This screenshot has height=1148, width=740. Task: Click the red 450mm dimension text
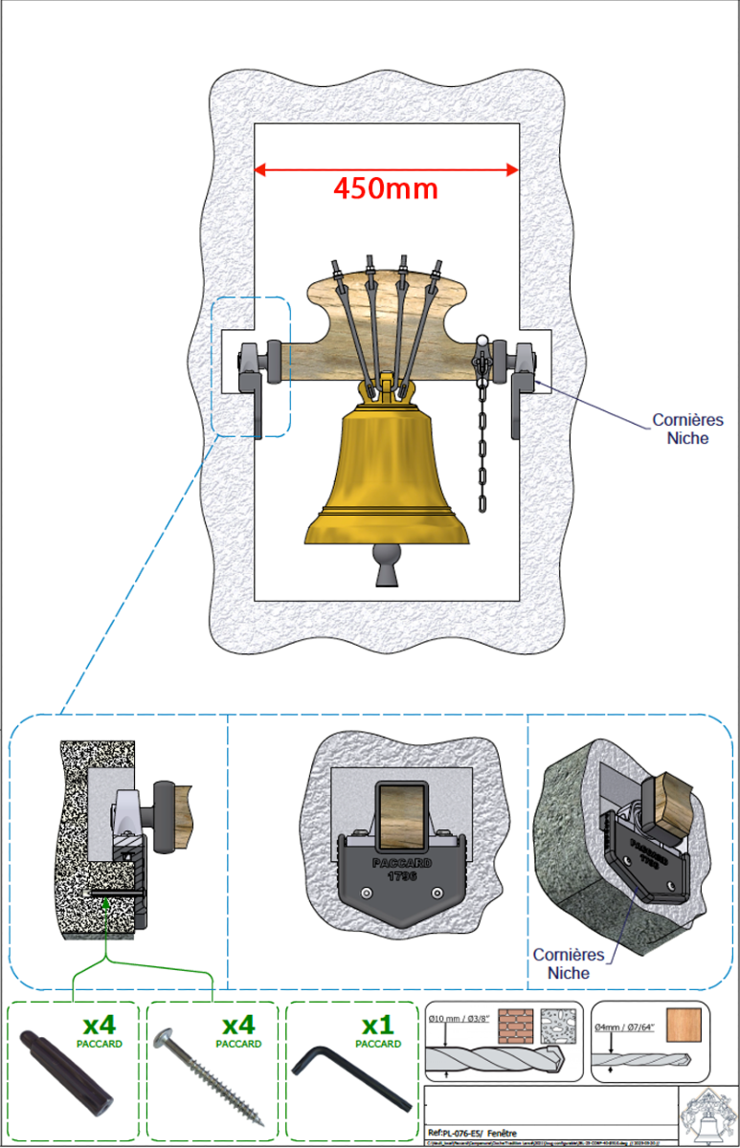click(385, 188)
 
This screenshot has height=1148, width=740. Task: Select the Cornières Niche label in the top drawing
click(687, 429)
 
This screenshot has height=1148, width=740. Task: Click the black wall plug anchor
click(67, 1072)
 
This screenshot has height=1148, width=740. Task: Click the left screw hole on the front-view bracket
click(366, 893)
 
